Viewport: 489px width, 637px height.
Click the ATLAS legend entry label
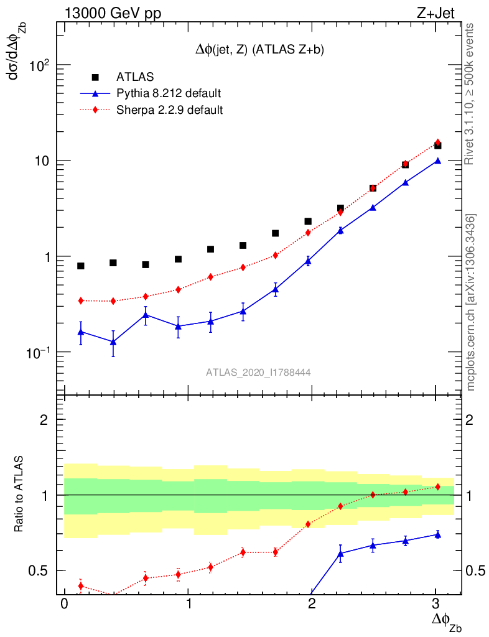click(x=135, y=77)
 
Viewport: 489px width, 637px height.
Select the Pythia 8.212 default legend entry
click(x=169, y=94)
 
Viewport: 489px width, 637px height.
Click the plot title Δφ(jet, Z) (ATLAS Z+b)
click(x=259, y=50)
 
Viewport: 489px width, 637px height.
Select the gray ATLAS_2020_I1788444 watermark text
click(x=258, y=372)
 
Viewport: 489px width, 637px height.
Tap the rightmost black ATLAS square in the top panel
click(x=437, y=146)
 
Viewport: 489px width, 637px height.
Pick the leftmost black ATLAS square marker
click(x=81, y=266)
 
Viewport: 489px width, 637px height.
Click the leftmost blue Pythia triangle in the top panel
click(x=81, y=332)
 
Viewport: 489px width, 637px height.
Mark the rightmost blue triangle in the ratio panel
click(x=437, y=534)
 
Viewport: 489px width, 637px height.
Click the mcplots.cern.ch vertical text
click(x=472, y=302)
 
